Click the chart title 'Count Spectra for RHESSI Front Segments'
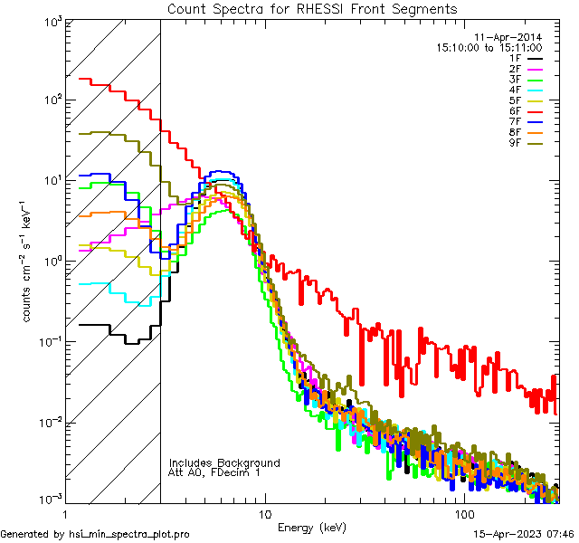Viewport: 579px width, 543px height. coord(312,9)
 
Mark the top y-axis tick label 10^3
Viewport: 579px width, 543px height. coord(51,22)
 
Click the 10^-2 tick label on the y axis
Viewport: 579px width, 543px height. coord(51,422)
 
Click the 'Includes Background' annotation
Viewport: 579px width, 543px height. coord(224,462)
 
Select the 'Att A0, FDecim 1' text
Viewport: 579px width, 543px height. coord(214,472)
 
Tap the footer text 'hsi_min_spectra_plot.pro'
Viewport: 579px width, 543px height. coord(129,534)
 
